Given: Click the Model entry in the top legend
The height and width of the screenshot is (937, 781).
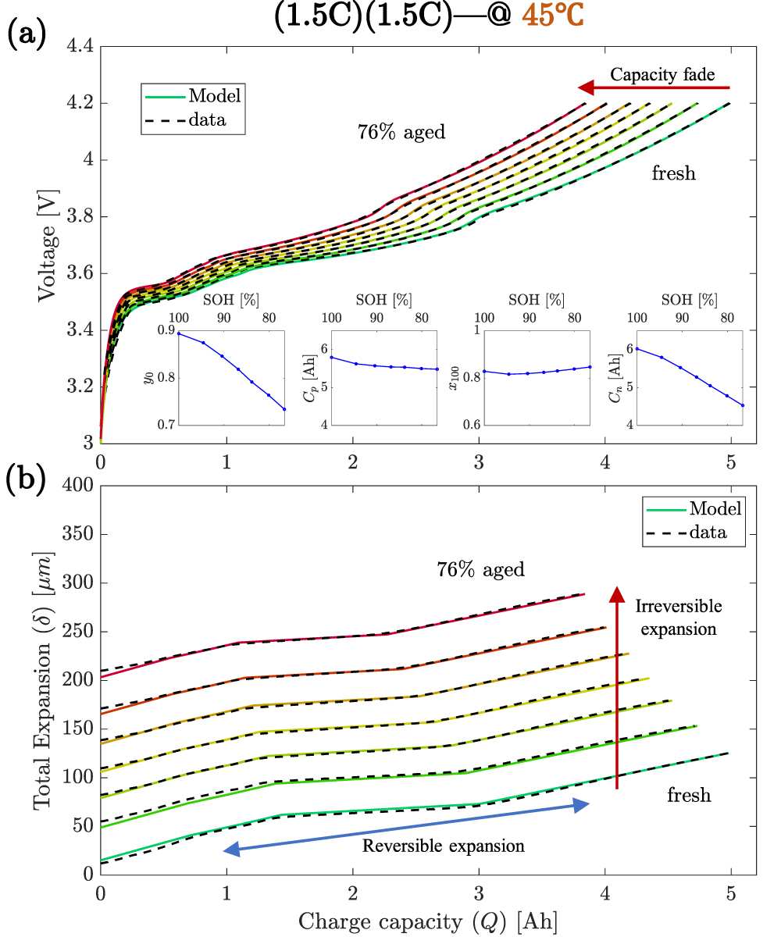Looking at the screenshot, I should [x=215, y=97].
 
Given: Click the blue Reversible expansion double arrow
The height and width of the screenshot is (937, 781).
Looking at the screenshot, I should [x=406, y=828].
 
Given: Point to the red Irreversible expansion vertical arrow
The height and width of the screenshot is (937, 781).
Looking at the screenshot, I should [x=617, y=687].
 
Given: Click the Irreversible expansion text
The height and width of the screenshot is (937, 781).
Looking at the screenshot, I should [x=678, y=617].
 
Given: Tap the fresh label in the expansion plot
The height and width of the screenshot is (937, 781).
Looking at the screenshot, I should [x=689, y=796].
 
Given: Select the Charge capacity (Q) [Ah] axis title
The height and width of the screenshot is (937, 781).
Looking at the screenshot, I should [x=428, y=921].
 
